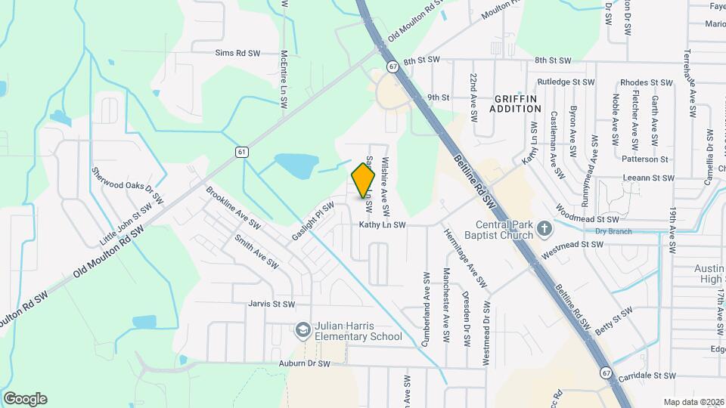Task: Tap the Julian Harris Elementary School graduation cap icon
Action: pyautogui.click(x=302, y=330)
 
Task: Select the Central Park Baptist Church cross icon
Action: pyautogui.click(x=541, y=227)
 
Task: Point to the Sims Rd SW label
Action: pyautogui.click(x=237, y=53)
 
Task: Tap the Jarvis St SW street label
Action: pyautogui.click(x=270, y=304)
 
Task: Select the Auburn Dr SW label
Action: pyautogui.click(x=306, y=363)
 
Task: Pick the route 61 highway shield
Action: pyautogui.click(x=241, y=152)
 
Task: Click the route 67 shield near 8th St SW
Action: pyautogui.click(x=393, y=66)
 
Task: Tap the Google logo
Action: pyautogui.click(x=25, y=399)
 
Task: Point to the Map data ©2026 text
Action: pyautogui.click(x=693, y=402)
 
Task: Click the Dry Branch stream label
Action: pyautogui.click(x=612, y=231)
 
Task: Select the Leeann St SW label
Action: pyautogui.click(x=647, y=178)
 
